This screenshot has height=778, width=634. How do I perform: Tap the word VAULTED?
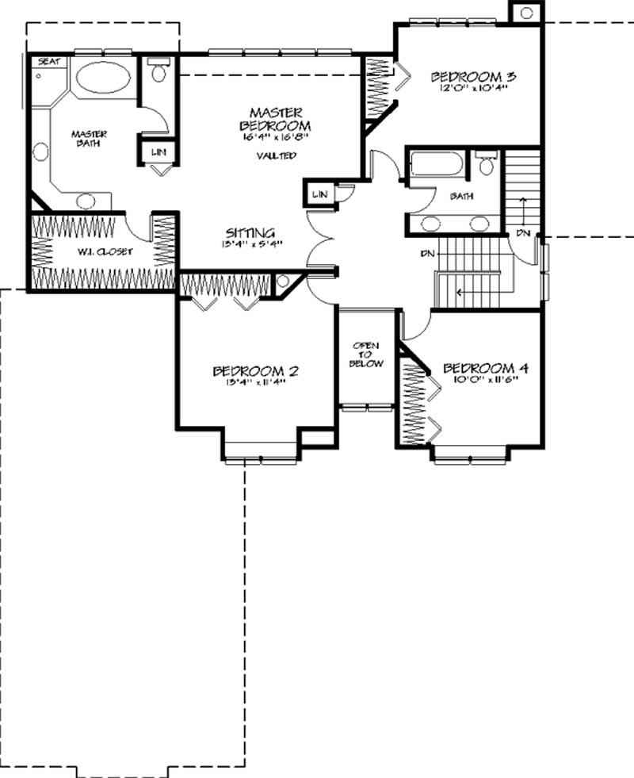276,156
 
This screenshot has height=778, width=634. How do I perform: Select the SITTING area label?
250,232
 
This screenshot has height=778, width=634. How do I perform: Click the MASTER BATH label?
90,138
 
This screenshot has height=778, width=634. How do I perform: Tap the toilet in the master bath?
158,73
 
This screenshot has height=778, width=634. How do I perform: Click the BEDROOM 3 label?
474,76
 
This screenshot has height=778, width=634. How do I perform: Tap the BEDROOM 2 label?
255,370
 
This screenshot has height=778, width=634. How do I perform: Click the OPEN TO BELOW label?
367,355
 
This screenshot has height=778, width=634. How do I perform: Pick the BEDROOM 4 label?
486,368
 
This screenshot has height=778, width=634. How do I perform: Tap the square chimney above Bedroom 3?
525,12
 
